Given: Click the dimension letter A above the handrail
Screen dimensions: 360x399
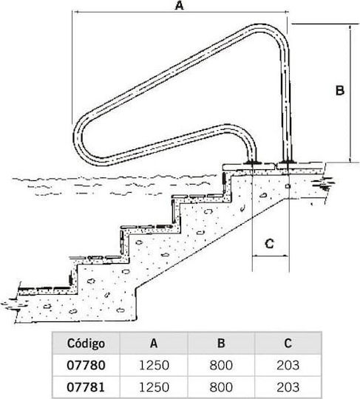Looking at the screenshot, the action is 179,5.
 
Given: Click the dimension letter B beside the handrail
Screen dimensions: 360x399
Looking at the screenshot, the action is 340,90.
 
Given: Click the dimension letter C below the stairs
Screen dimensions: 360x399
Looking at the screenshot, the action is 269,244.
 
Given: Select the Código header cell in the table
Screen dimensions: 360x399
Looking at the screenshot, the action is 86,344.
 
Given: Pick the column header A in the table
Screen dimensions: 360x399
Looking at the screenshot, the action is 154,344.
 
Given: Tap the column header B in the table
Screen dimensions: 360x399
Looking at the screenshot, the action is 221,344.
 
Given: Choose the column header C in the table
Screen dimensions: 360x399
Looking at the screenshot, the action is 288,344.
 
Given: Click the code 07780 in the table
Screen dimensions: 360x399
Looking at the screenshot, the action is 86,365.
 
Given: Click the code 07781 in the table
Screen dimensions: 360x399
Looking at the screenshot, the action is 86,387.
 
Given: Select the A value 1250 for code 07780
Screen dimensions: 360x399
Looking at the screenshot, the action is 154,365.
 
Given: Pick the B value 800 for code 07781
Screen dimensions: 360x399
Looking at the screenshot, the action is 221,387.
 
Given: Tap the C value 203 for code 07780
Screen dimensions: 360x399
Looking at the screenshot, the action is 288,365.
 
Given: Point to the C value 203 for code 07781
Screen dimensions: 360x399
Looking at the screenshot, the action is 288,387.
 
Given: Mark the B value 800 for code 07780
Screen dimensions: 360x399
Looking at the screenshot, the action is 221,365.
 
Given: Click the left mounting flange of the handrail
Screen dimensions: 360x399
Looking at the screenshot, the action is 252,162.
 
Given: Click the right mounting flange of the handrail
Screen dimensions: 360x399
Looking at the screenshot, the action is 287,162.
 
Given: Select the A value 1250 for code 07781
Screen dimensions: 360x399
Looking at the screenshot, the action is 154,387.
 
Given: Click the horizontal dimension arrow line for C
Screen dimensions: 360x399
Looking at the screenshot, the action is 271,256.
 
